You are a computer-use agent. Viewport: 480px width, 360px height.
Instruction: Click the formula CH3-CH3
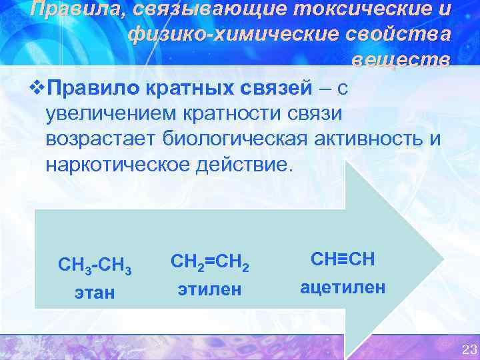[x=95, y=267]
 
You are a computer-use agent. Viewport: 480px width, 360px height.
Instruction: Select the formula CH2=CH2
[x=210, y=264]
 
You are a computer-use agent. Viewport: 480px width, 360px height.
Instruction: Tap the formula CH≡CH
[x=342, y=259]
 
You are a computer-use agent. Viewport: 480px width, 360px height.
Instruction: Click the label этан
[x=95, y=292]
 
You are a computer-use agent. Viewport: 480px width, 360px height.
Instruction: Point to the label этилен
[x=210, y=289]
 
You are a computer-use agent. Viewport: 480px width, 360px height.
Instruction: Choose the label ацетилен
[x=343, y=287]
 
